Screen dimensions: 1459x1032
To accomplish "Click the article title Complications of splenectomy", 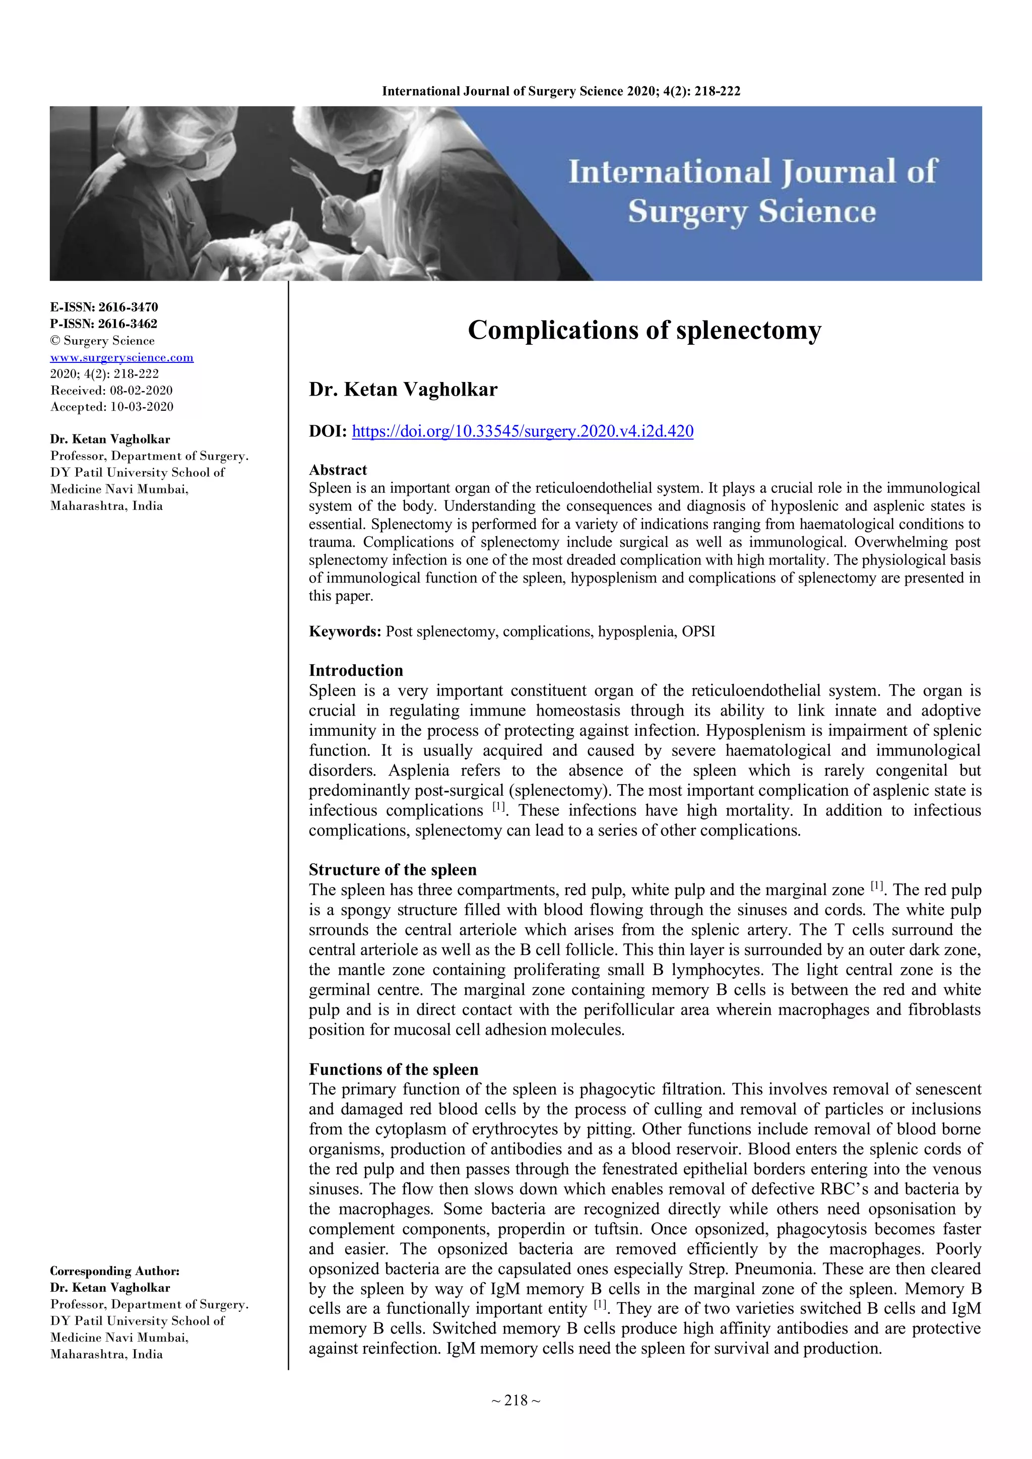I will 644,331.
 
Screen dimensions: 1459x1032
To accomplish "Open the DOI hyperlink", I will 523,431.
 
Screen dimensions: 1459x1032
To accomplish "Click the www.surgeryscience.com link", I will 122,358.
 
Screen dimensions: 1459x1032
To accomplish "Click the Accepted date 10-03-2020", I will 142,407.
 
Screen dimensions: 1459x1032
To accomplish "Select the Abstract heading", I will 338,470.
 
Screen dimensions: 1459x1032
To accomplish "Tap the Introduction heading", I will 356,670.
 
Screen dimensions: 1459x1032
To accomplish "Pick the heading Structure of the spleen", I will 392,870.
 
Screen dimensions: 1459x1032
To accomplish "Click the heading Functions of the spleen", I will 394,1069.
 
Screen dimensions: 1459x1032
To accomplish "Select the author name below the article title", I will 403,390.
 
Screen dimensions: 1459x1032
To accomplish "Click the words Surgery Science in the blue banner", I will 752,212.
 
